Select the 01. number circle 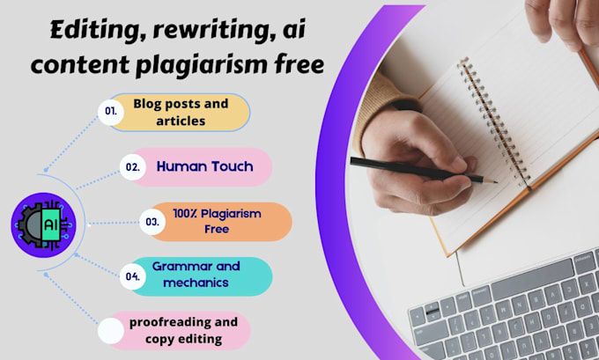tap(111, 113)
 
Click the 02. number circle tap(133, 166)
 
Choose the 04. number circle tap(133, 276)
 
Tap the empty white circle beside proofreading tap(111, 331)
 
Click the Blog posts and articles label tap(180, 113)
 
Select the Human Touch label tap(203, 165)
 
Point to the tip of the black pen tap(495, 182)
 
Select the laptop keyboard tap(511, 317)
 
